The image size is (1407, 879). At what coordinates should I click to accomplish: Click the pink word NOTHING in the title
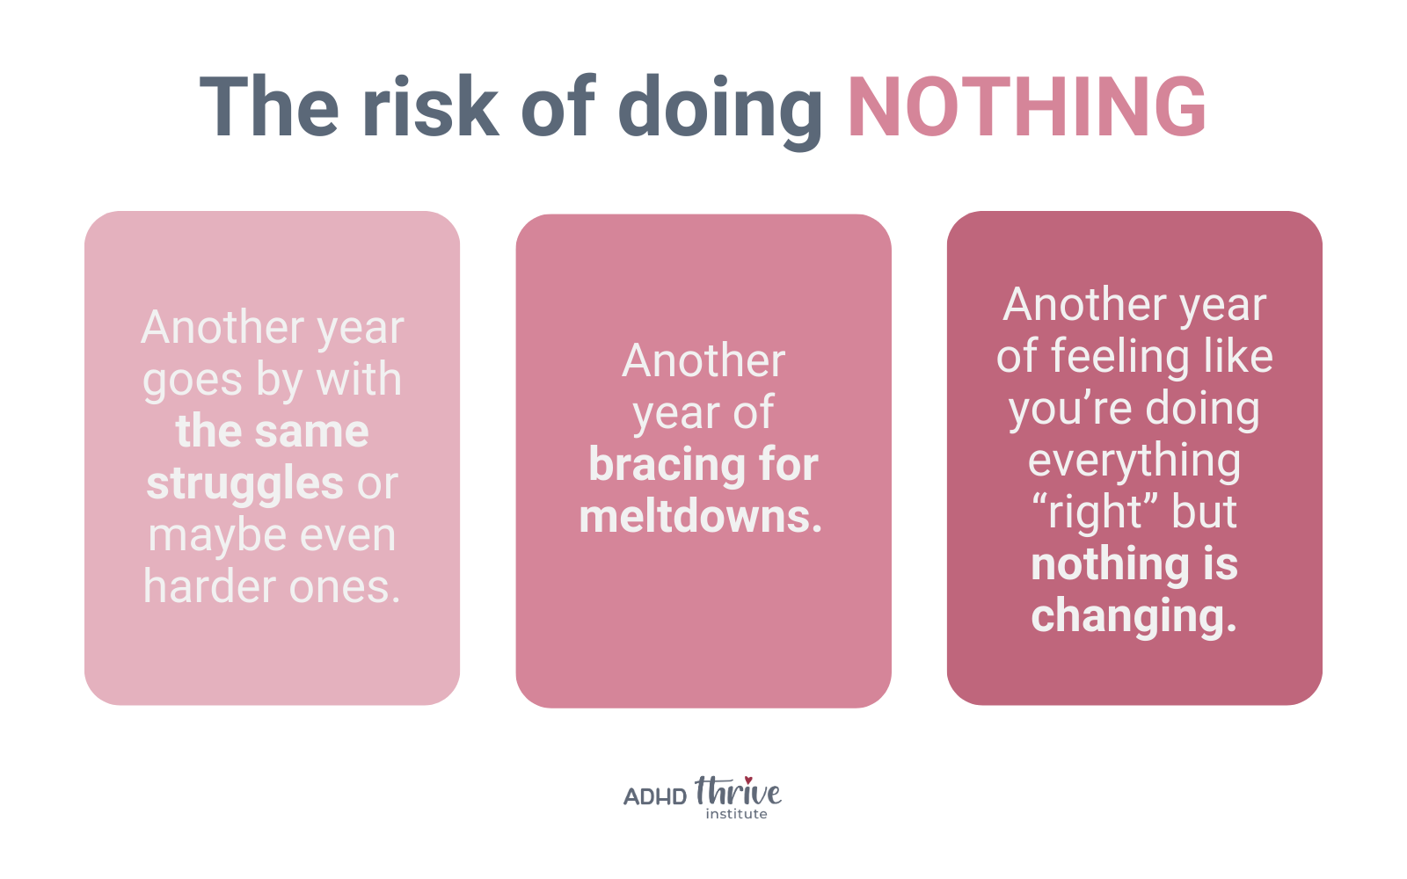(1027, 105)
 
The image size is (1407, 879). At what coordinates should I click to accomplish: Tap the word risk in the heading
(430, 105)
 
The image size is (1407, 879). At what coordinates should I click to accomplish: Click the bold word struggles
(245, 484)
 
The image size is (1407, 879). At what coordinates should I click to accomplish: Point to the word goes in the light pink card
(193, 381)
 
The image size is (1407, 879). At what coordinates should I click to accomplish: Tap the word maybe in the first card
(218, 536)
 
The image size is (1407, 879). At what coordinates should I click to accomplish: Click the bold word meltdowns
(700, 516)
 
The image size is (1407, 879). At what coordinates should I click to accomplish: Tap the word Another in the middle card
(703, 361)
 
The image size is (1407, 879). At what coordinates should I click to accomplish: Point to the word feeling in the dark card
(1120, 357)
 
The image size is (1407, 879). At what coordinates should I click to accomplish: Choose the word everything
(1134, 461)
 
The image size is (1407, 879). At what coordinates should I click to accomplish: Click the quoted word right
(1094, 512)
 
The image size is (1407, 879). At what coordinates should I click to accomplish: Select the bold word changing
(1134, 616)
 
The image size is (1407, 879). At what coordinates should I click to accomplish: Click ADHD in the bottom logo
(655, 796)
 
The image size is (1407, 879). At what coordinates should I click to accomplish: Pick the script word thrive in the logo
(738, 791)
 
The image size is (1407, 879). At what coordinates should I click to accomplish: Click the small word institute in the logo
(736, 814)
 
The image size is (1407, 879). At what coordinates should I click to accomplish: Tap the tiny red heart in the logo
(748, 781)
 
